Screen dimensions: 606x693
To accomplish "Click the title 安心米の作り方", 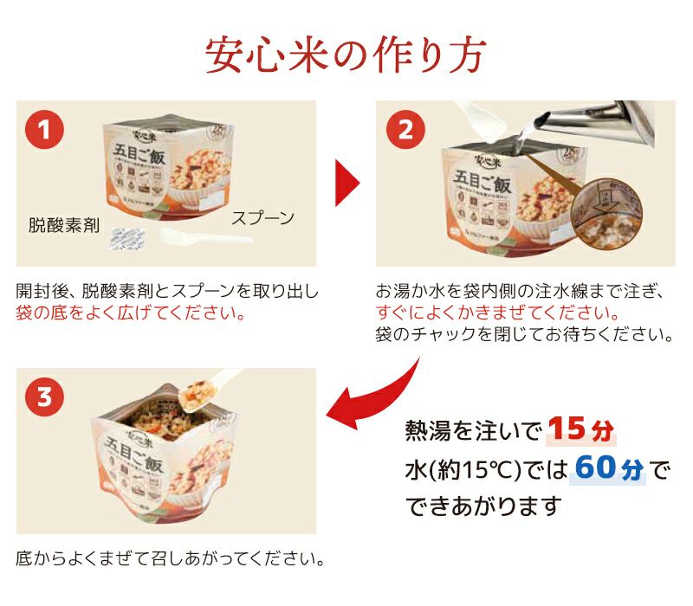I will click(346, 55).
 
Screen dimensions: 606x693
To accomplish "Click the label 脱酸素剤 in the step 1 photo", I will click(63, 227).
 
